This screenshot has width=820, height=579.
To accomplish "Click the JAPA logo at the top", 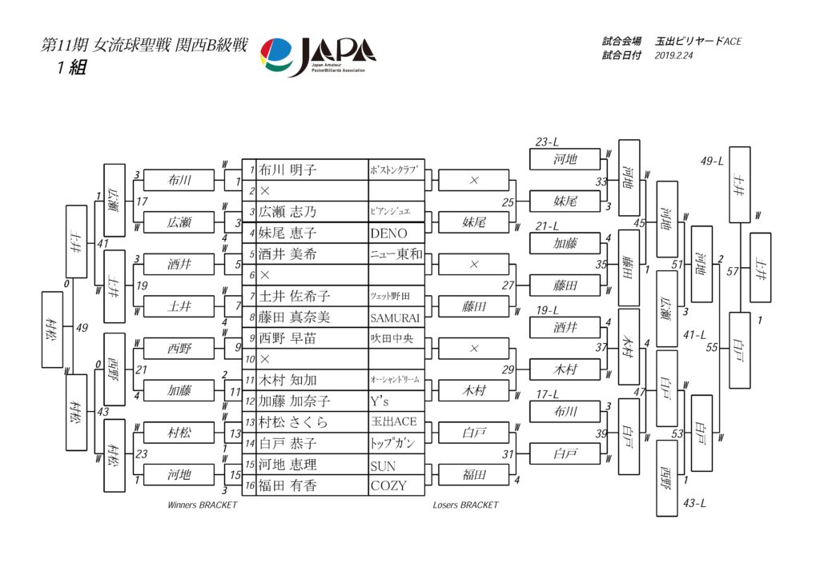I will (318, 56).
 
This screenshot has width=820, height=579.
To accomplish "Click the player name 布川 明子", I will (288, 170).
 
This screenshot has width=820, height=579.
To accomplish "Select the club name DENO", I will (389, 234).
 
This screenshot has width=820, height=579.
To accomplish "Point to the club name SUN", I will (383, 465).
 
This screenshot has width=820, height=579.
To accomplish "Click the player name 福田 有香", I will (288, 485).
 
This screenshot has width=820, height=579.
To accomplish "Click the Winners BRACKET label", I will (202, 505).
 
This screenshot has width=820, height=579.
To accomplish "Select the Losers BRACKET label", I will (465, 505).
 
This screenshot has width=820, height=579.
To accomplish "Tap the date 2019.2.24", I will (675, 56).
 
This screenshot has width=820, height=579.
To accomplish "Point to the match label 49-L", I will (712, 161).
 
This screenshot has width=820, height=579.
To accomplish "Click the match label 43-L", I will (694, 503).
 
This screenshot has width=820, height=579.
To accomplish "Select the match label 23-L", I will (547, 142).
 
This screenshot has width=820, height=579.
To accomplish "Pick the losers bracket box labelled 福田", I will (474, 474).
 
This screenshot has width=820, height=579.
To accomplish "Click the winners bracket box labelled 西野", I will (179, 349).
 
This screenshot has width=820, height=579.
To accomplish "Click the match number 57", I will (730, 272).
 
